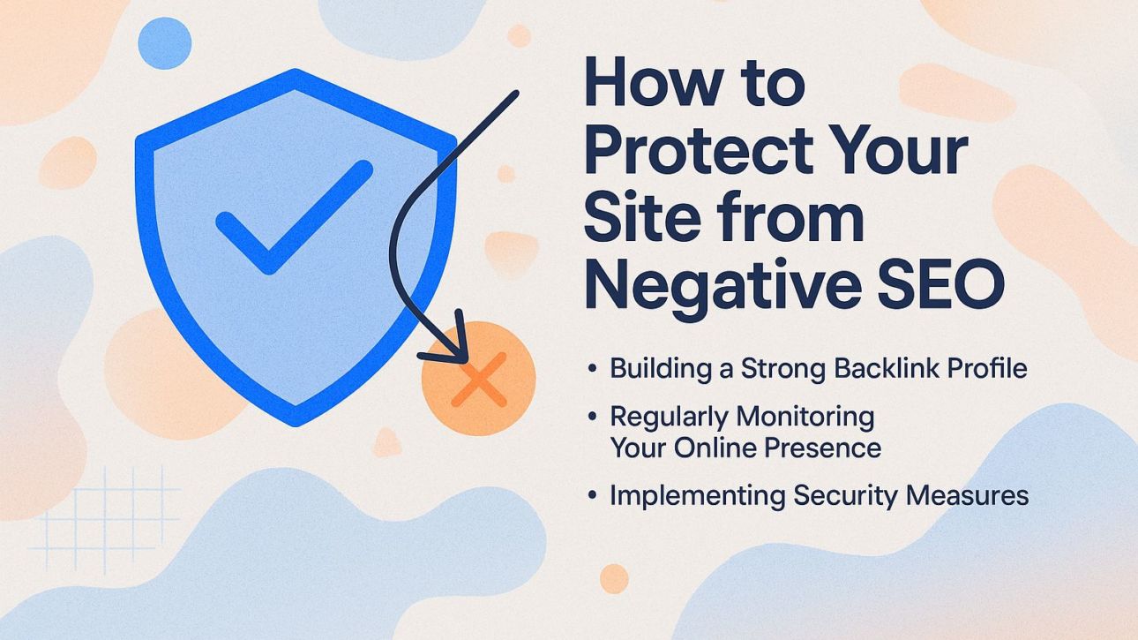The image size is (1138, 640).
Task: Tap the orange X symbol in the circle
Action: point(478,379)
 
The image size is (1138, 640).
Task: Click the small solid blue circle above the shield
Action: point(164,43)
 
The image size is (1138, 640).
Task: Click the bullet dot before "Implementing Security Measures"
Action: point(593,495)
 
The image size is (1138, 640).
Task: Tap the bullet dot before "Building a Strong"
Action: point(593,367)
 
